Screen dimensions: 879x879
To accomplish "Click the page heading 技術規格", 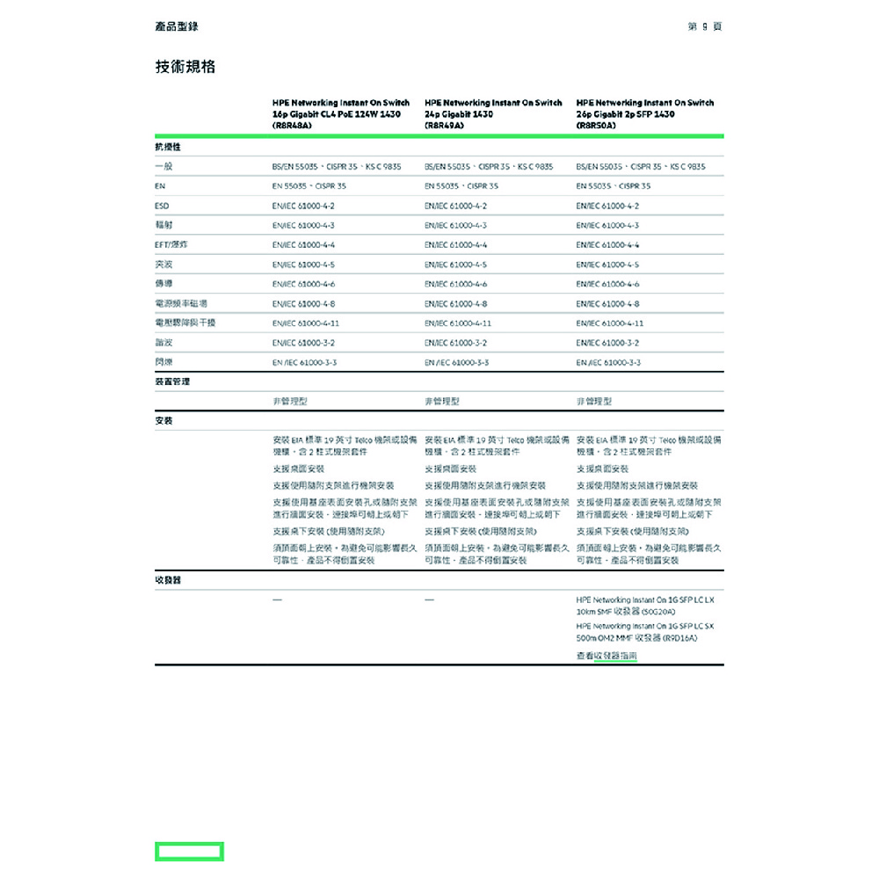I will click(x=185, y=67).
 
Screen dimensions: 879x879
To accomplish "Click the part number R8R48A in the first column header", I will click(x=293, y=126).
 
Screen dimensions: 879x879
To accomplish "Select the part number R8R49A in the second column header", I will click(x=444, y=126).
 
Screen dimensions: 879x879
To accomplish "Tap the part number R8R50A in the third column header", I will click(x=597, y=126).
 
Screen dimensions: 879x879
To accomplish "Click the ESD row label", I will click(x=162, y=206).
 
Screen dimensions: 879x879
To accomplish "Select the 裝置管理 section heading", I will click(x=172, y=382).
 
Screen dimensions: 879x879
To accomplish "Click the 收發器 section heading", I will click(x=167, y=581).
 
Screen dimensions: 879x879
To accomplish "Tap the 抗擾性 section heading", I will click(x=167, y=147).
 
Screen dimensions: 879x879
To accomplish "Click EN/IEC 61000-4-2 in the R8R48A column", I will click(x=304, y=206).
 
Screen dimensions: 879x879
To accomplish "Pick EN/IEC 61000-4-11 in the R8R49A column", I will click(x=458, y=323).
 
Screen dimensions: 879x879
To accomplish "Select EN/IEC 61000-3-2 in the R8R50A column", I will click(x=608, y=343).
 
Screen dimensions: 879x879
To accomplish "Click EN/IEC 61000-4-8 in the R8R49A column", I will click(x=455, y=304).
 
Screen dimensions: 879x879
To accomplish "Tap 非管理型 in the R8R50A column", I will click(x=594, y=402).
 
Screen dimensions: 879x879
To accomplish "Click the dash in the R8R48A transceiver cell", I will click(x=278, y=599).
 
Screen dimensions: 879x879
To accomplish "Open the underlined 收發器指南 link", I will click(x=615, y=656).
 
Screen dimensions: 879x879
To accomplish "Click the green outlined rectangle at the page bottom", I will click(x=189, y=851).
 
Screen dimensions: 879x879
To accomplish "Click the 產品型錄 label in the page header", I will click(x=177, y=26).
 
